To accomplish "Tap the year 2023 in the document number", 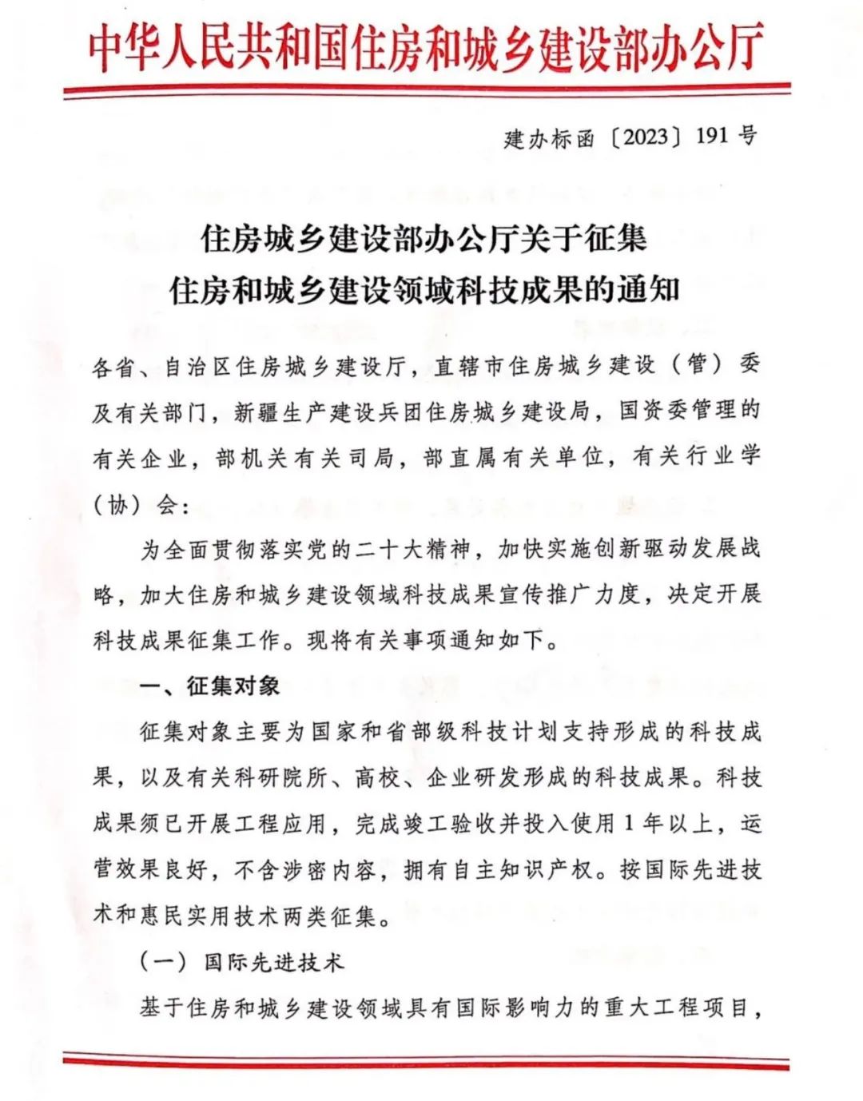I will click(640, 137).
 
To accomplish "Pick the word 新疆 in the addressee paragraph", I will click(257, 412).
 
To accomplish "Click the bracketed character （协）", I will click(117, 505).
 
